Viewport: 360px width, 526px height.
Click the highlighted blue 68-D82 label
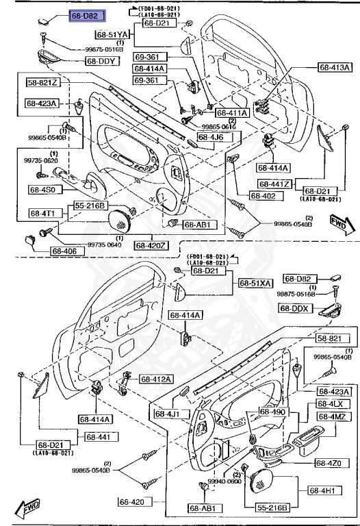(85, 15)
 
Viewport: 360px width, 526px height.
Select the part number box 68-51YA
(112, 35)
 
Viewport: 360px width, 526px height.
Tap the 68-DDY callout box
(102, 61)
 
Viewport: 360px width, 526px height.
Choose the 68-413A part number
(335, 67)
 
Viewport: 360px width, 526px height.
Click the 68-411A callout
(233, 112)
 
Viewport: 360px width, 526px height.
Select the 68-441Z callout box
(276, 184)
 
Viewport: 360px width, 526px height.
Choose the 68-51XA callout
(255, 283)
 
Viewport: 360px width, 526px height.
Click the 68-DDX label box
(295, 308)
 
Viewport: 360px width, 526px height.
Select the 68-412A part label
(157, 379)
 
